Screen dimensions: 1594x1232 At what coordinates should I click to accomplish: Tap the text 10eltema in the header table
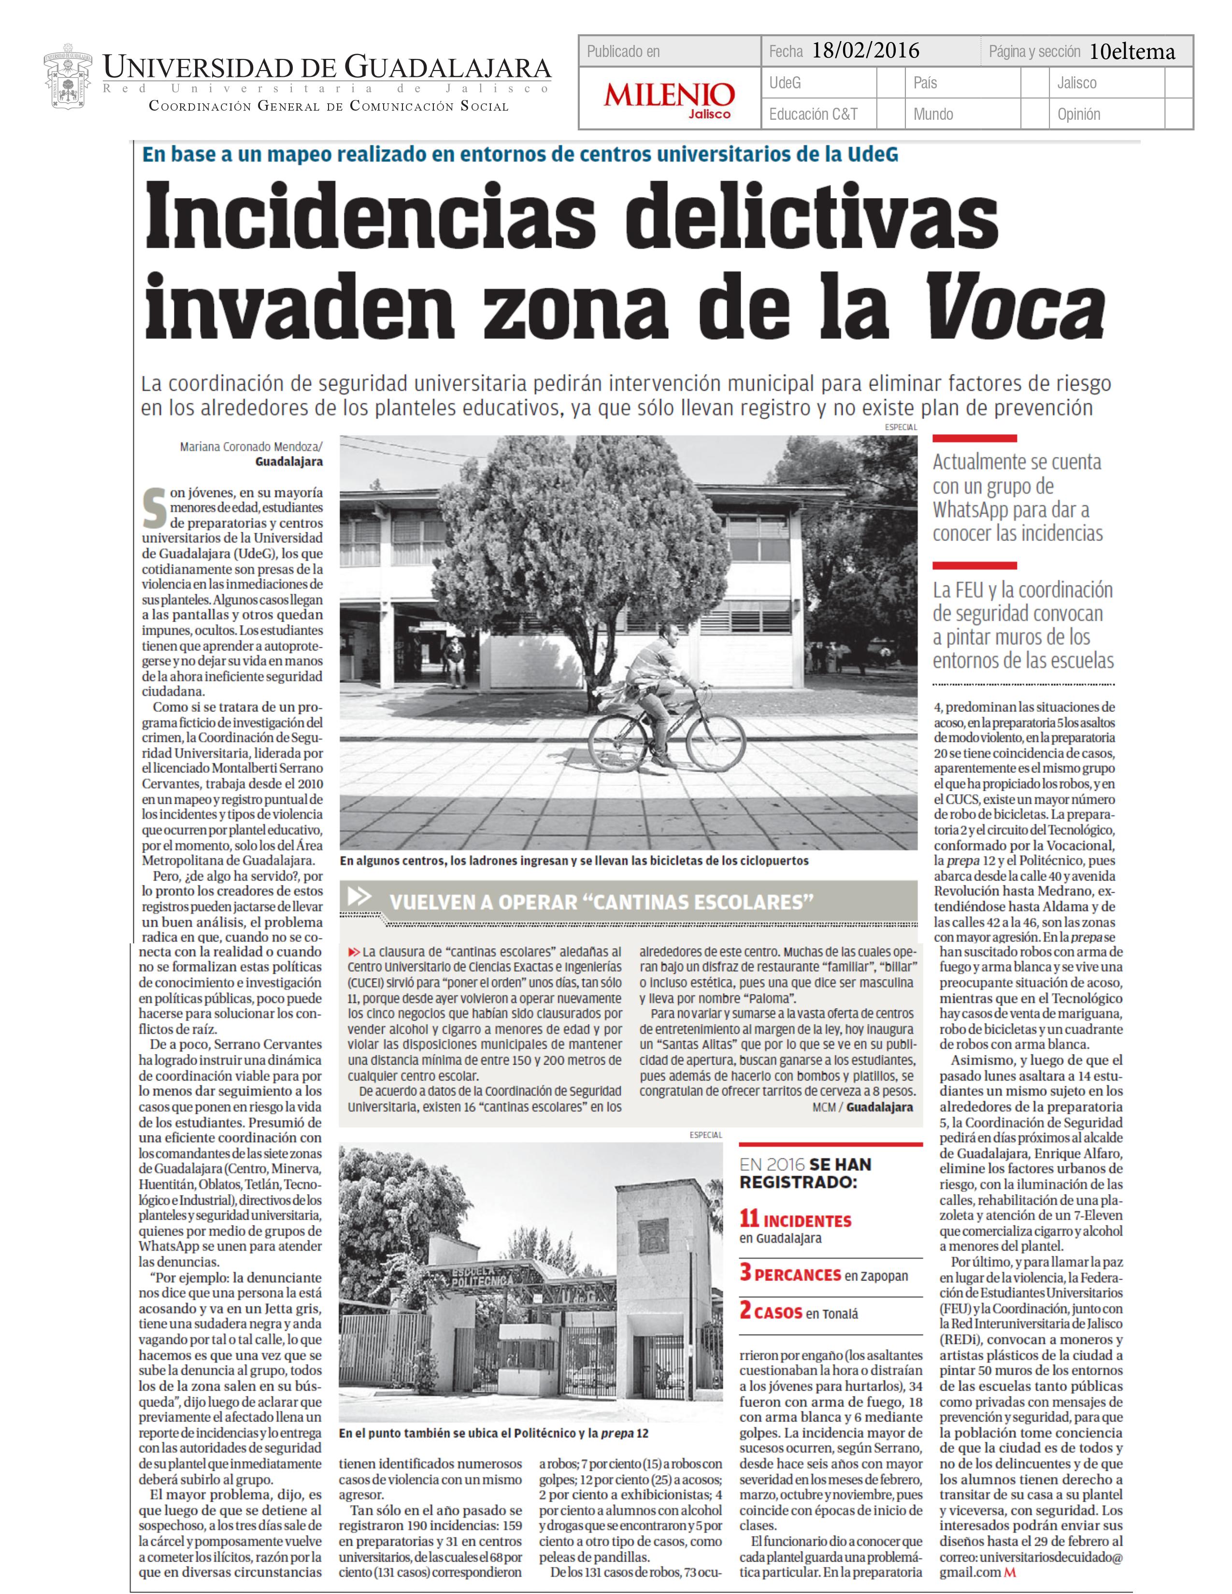tap(1132, 52)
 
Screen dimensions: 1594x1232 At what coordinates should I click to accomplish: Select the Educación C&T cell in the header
tap(813, 114)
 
